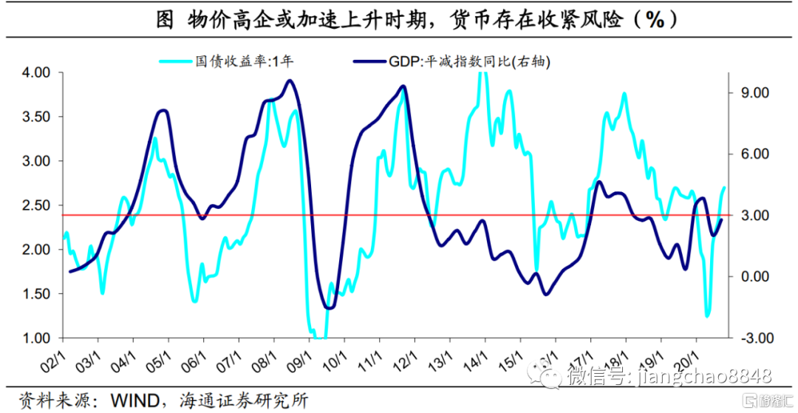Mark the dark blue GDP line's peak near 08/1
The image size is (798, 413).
click(290, 81)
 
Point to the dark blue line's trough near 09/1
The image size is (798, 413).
click(329, 307)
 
